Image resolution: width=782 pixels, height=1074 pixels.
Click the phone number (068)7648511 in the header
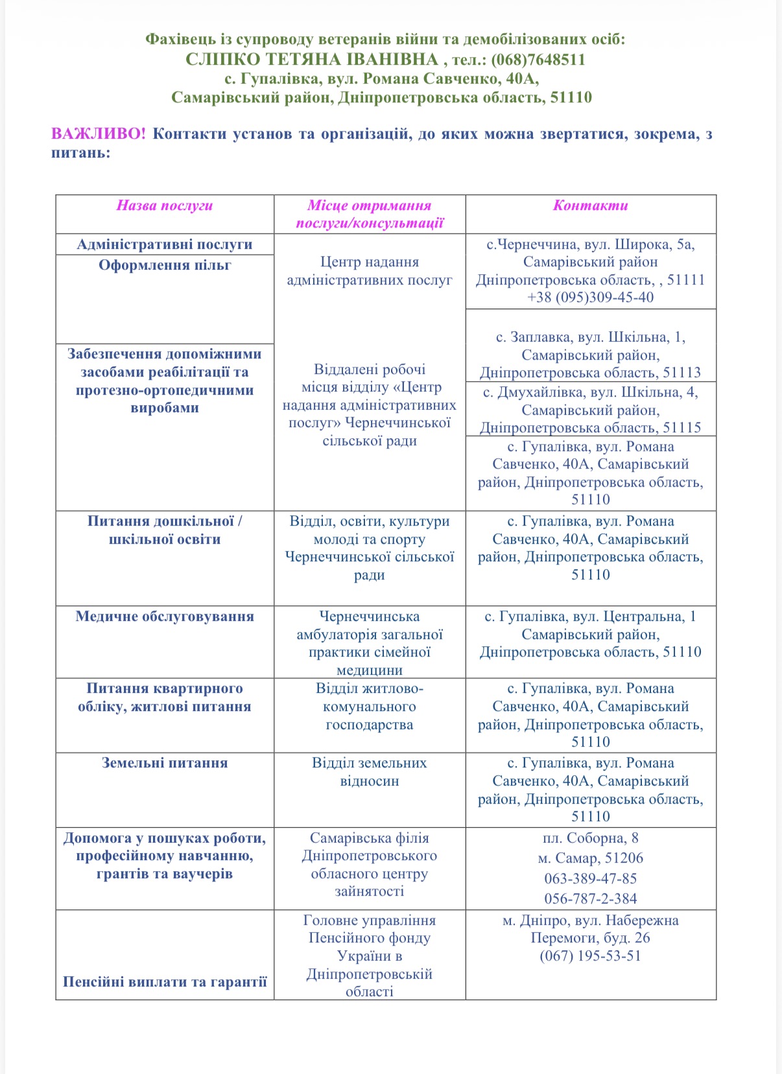pos(538,60)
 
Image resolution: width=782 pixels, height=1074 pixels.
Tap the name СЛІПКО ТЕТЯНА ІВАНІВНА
pos(312,60)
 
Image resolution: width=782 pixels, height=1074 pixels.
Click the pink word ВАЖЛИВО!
pos(99,134)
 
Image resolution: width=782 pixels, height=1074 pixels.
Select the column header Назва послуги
pos(165,206)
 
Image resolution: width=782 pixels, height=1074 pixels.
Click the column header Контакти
pos(590,206)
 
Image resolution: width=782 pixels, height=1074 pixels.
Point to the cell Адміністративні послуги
pos(165,244)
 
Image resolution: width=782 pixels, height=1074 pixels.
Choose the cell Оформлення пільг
pos(165,265)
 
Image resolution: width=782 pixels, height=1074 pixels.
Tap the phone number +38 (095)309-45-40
pos(590,298)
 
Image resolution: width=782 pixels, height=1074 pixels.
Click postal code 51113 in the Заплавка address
pos(681,373)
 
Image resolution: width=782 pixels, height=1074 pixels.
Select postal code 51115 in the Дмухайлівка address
pos(681,428)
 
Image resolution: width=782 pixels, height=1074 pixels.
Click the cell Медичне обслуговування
pos(165,616)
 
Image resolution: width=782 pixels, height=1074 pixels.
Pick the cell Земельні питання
pos(165,763)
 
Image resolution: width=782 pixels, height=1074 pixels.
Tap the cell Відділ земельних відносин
pos(369,772)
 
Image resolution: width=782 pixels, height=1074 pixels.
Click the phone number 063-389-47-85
pos(590,879)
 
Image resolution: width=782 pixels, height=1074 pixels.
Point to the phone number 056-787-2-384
pos(590,899)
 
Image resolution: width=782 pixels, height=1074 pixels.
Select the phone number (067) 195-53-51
pos(590,956)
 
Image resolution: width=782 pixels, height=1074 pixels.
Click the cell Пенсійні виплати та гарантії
pos(165,982)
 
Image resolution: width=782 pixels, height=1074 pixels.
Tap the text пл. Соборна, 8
pos(590,838)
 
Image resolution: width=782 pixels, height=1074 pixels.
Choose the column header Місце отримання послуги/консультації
pos(369,215)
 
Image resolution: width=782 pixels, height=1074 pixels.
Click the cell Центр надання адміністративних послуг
pos(369,271)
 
